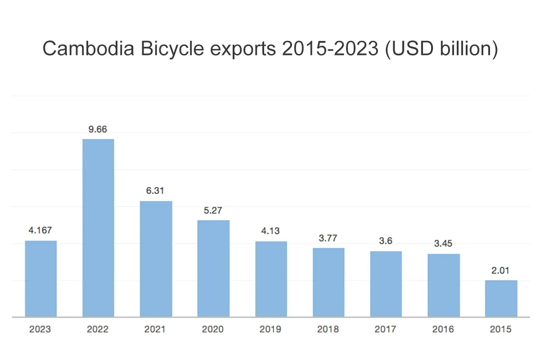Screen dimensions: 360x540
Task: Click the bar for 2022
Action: click(98, 228)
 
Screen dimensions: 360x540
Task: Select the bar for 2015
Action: click(501, 298)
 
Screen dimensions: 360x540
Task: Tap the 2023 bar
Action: click(40, 279)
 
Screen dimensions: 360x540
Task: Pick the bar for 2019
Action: click(271, 279)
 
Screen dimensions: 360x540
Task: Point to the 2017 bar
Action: click(386, 284)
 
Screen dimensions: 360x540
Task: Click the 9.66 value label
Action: click(98, 129)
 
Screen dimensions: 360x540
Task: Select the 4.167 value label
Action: click(40, 230)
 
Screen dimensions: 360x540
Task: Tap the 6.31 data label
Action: click(156, 191)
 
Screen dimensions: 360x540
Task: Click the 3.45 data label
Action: click(443, 244)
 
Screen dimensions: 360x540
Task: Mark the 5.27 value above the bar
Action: click(213, 210)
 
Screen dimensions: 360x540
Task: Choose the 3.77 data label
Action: click(328, 238)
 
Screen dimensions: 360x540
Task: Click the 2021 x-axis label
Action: click(156, 329)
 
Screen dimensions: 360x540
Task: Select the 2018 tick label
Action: click(328, 329)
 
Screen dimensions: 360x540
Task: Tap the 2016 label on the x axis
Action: click(443, 329)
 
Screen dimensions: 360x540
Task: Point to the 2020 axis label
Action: click(213, 329)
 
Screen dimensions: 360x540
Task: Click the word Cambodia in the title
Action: click(88, 49)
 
